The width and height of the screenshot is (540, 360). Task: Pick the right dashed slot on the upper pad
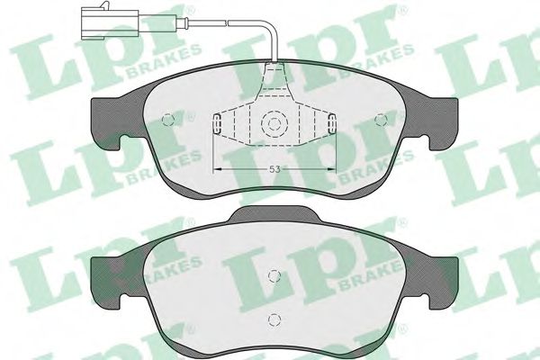332,125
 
